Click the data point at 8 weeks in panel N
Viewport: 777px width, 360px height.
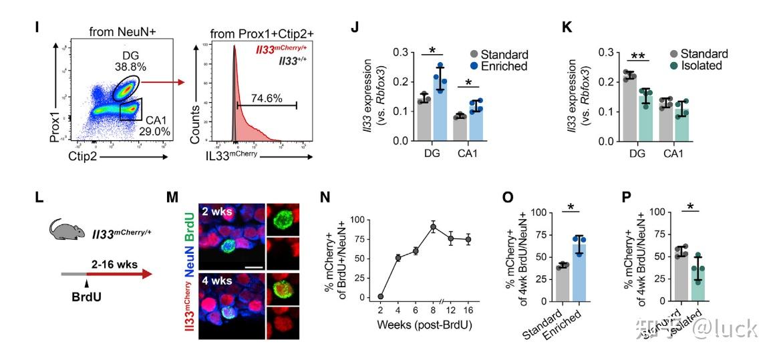tap(433, 227)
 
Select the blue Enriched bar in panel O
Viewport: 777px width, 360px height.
tap(579, 271)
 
